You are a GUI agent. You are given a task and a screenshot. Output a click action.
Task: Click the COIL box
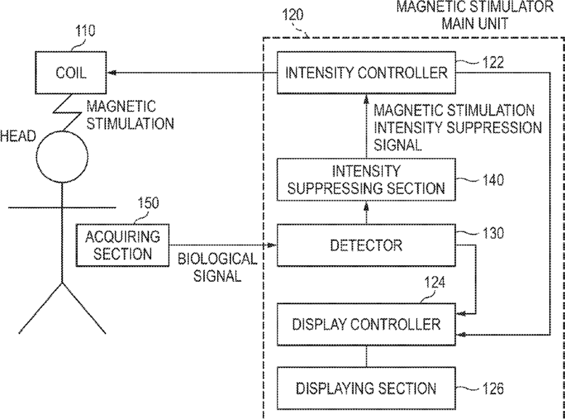pos(70,73)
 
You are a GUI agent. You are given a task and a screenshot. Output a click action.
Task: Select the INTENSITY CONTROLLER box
pos(366,73)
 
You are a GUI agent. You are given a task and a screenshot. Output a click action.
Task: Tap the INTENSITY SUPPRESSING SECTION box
pos(366,179)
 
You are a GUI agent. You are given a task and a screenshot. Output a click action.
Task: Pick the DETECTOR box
pos(366,245)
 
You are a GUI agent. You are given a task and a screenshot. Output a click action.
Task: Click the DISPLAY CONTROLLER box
pos(366,325)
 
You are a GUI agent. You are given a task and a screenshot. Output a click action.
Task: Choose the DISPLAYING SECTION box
pos(366,389)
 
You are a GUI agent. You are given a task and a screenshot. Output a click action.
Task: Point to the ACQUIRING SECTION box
pos(123,245)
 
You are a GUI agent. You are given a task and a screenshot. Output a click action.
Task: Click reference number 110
pos(85,31)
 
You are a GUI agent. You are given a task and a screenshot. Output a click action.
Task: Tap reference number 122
pos(492,62)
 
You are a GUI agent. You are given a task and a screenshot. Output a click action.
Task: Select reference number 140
pos(492,179)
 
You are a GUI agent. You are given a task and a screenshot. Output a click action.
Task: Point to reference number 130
pos(492,233)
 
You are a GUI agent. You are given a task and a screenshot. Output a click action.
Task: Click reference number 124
pos(434,282)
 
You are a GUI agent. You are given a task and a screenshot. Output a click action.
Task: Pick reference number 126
pos(492,389)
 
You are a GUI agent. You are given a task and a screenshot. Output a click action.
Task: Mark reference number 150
pos(148,203)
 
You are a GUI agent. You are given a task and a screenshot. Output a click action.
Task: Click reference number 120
pos(293,15)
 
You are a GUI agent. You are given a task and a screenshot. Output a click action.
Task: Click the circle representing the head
pos(62,156)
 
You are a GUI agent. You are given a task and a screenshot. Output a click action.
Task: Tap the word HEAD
pos(18,137)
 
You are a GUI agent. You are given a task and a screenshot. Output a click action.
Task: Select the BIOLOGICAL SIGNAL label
pos(217,267)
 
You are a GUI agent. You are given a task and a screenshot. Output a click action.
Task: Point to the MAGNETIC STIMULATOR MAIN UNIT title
pos(475,15)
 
